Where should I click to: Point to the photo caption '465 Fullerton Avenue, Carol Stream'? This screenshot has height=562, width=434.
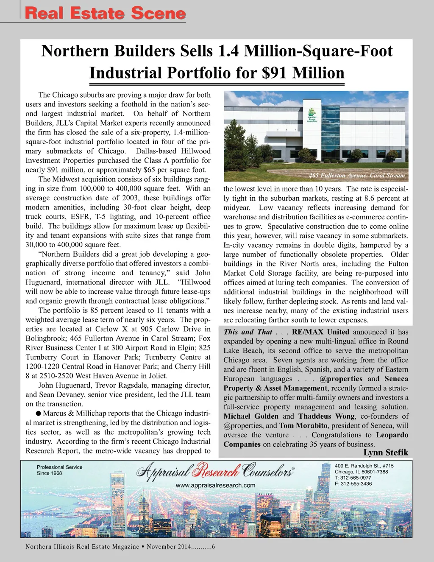point(357,176)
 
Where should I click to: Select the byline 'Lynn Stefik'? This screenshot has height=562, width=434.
point(386,453)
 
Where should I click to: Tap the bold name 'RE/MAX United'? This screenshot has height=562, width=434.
point(321,332)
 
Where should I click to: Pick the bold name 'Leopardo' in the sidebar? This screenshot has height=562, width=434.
point(392,435)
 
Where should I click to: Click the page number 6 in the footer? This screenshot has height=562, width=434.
point(213,547)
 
